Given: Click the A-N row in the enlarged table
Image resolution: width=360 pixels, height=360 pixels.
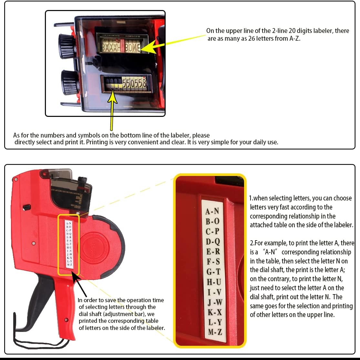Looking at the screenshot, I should [x=212, y=212].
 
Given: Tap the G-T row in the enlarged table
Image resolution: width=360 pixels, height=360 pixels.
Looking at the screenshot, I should [x=213, y=272].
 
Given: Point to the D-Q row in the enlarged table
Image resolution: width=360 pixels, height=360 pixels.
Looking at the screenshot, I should [x=213, y=242].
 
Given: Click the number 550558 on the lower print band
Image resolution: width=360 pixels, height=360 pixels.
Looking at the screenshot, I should [x=134, y=84].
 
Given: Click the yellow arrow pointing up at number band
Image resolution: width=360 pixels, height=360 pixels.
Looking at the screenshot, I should [x=112, y=110].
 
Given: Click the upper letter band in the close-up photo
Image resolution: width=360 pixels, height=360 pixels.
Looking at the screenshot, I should [x=121, y=47].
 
